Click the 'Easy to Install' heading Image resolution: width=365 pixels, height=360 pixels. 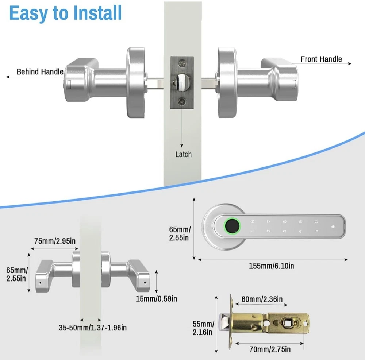pyautogui.click(x=65, y=13)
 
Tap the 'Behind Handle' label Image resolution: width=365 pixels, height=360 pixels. pyautogui.click(x=40, y=71)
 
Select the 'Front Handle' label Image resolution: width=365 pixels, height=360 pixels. pyautogui.click(x=321, y=59)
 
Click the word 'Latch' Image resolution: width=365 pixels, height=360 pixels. pyautogui.click(x=184, y=154)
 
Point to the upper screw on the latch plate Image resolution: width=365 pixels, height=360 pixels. pyautogui.click(x=182, y=63)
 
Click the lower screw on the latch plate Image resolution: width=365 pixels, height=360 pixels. pyautogui.click(x=182, y=102)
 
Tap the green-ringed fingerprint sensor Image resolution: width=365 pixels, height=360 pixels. pyautogui.click(x=232, y=225)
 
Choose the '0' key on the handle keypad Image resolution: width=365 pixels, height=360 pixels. pyautogui.click(x=316, y=222)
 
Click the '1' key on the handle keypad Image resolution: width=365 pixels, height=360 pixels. pyautogui.click(x=253, y=231)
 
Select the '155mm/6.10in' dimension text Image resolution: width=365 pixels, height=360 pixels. pyautogui.click(x=272, y=266)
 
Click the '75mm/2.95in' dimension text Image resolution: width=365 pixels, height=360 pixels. pyautogui.click(x=55, y=241)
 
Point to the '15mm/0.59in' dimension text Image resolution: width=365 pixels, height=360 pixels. pyautogui.click(x=157, y=299)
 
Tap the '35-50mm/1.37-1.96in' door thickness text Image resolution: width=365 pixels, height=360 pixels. pyautogui.click(x=93, y=328)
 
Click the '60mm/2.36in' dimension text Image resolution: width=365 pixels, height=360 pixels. pyautogui.click(x=262, y=299)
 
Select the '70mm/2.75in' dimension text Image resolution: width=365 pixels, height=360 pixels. pyautogui.click(x=270, y=349)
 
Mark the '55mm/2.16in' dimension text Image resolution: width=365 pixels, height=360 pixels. pyautogui.click(x=203, y=328)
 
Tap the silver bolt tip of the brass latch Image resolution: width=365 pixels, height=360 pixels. pyautogui.click(x=224, y=323)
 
